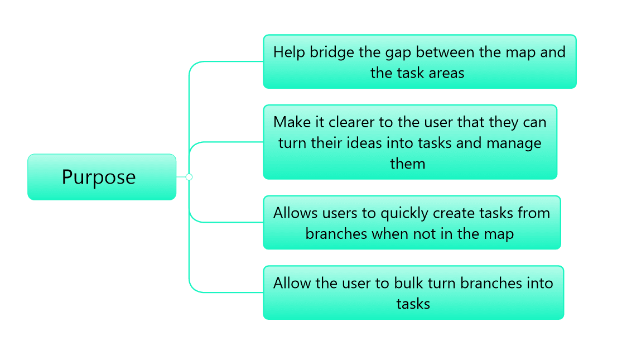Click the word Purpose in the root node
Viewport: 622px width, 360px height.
(x=99, y=177)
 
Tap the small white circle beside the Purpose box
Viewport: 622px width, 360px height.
(x=189, y=177)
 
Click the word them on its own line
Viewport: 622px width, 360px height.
(x=407, y=164)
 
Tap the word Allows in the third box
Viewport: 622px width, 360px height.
(x=295, y=213)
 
